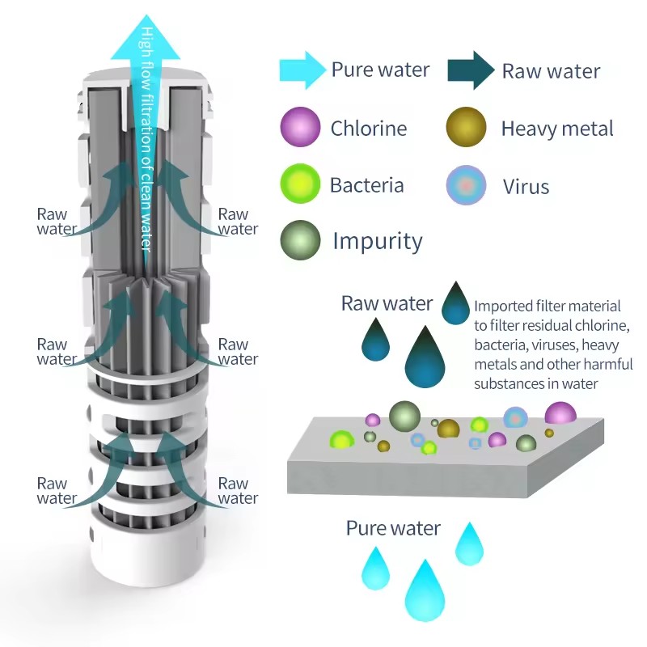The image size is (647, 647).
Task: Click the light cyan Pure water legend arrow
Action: tap(301, 70)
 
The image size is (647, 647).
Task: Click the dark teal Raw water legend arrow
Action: tap(472, 70)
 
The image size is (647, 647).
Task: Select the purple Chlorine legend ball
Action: tap(300, 128)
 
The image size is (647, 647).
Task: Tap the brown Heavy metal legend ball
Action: tap(466, 128)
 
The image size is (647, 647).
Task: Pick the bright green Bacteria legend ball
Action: tap(300, 184)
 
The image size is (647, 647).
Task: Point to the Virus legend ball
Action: tap(467, 185)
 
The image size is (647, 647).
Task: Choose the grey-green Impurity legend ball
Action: tap(300, 240)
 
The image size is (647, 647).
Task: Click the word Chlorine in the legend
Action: tap(368, 128)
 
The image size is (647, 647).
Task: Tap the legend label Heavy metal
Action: tap(556, 129)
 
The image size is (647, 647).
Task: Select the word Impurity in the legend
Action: tap(377, 241)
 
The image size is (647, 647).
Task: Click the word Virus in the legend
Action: tap(526, 187)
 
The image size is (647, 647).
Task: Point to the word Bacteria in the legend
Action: tap(366, 185)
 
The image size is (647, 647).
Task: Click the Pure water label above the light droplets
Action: tap(393, 529)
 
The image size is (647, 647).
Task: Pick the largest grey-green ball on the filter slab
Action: tap(404, 415)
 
